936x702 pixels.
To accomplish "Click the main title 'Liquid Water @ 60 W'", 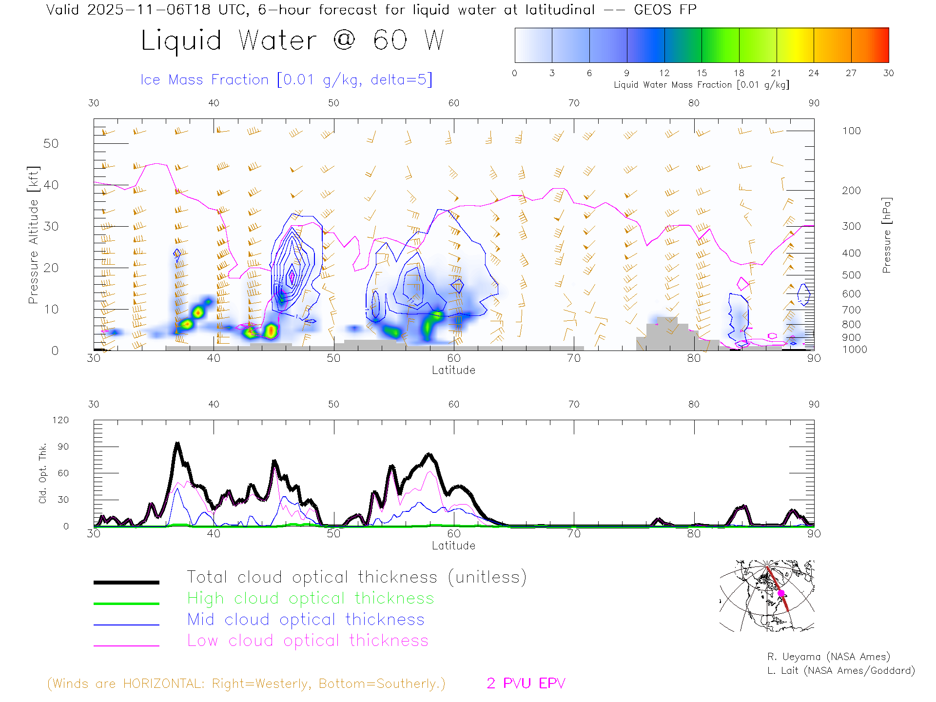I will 292,40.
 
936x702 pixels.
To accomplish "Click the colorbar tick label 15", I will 702,73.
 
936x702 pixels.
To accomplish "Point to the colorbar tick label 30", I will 888,73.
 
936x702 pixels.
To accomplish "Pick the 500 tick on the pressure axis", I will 851,275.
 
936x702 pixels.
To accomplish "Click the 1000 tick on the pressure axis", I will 854,350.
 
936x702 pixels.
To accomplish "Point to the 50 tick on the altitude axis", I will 51,144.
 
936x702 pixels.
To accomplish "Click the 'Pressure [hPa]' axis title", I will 886,235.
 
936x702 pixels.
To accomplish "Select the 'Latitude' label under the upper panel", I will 453,370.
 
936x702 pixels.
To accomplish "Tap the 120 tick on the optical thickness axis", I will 61,420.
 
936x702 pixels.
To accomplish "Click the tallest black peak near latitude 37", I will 177,444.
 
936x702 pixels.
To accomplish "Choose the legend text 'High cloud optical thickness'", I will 311,598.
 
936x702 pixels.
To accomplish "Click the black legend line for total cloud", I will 126,582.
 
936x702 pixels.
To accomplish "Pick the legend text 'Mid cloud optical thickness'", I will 306,620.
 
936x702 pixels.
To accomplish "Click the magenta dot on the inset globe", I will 781,593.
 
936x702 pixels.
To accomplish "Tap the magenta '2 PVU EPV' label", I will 526,683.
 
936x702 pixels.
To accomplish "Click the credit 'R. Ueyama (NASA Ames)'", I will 828,657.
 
